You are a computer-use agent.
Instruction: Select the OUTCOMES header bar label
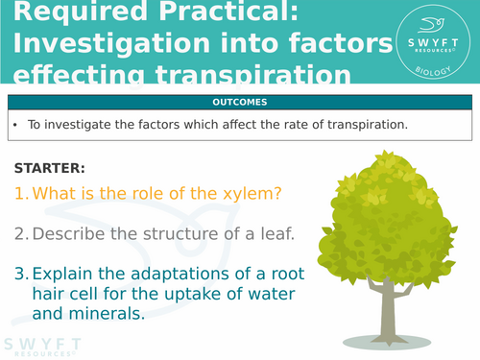[x=239, y=103]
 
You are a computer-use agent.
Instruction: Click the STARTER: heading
[x=50, y=167]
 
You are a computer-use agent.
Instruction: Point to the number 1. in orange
[x=21, y=193]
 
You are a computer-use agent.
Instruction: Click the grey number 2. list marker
[x=21, y=234]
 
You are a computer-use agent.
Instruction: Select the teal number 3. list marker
[x=21, y=273]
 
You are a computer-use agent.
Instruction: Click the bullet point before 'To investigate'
[x=16, y=124]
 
